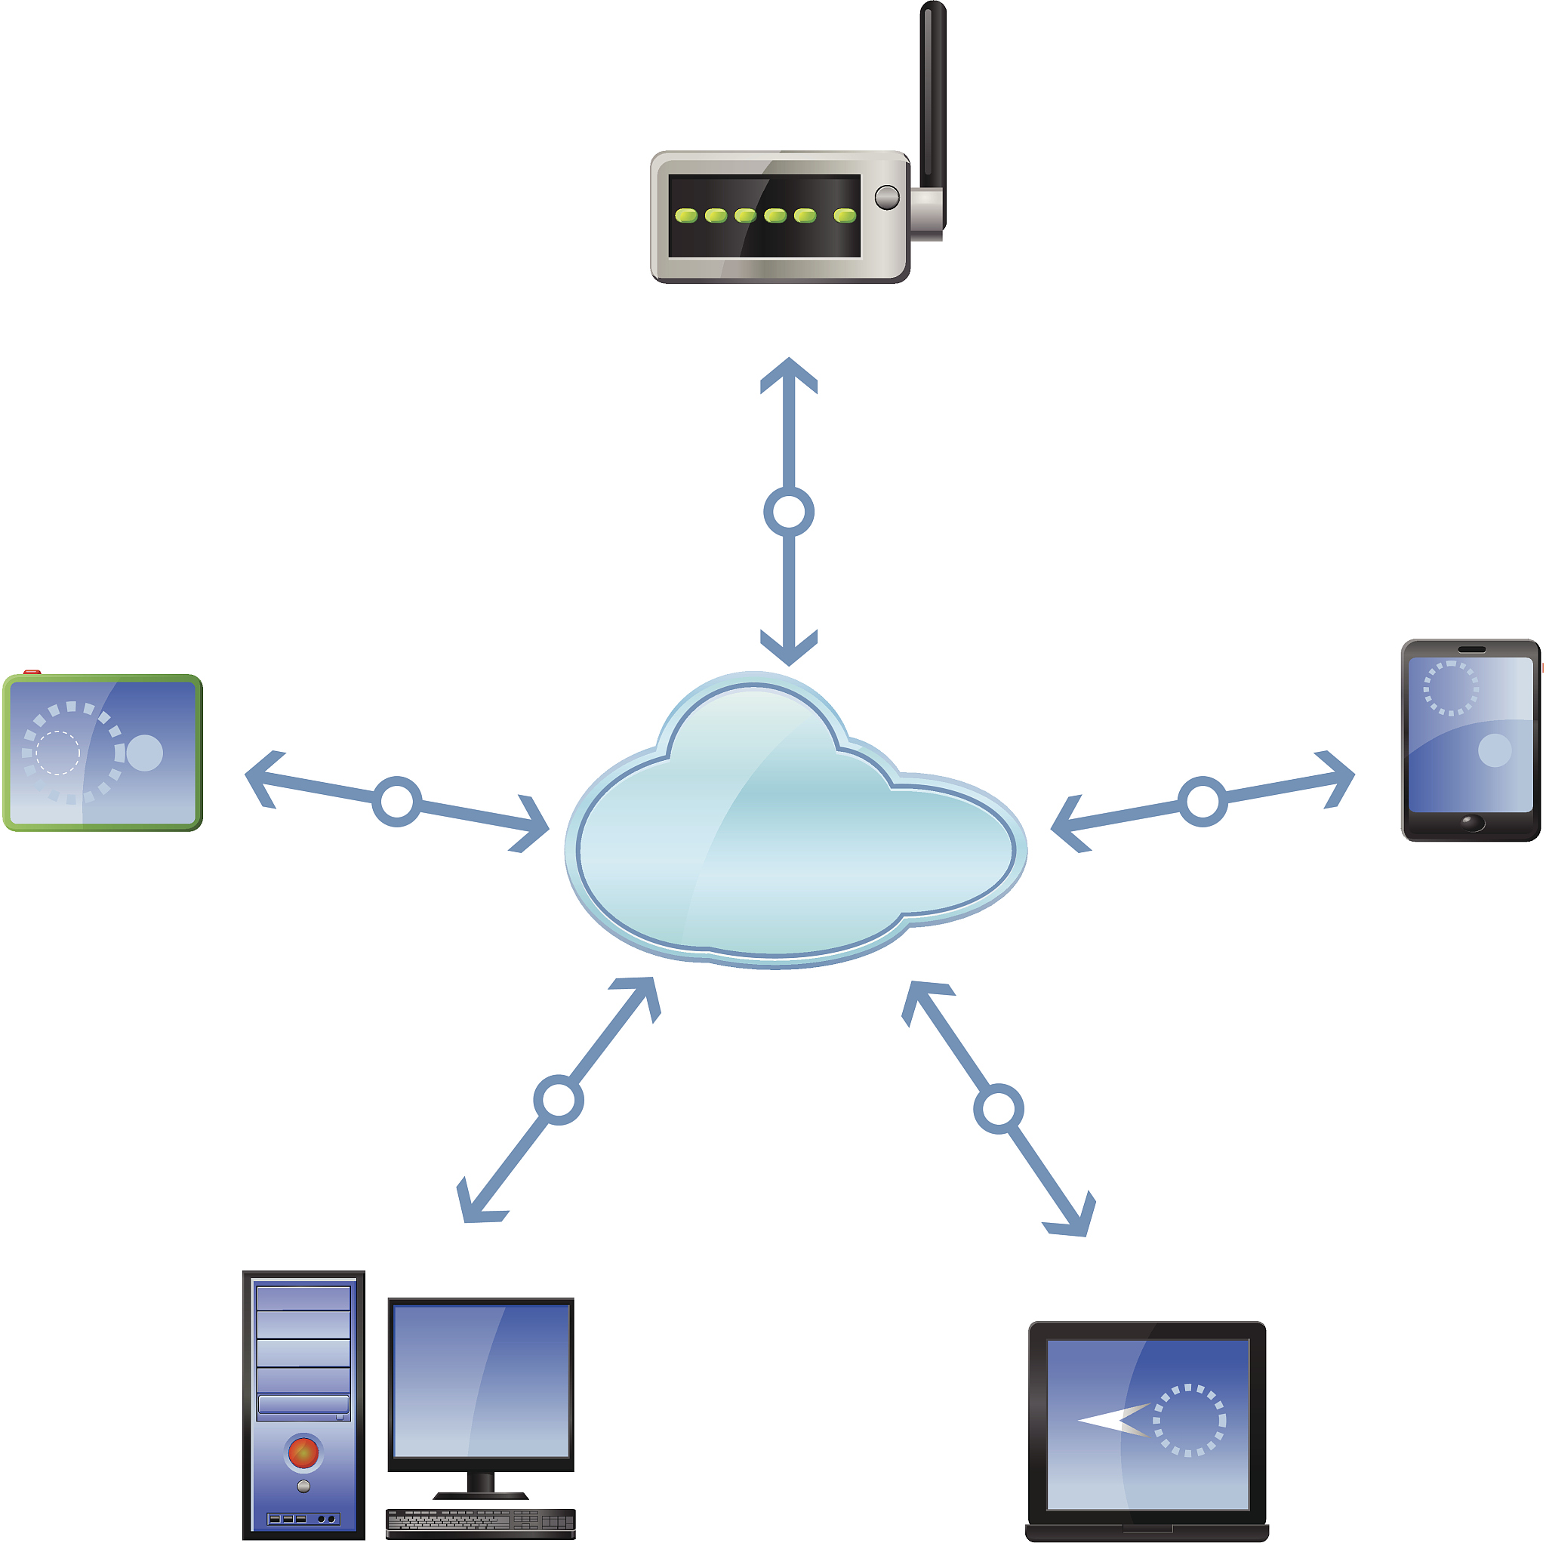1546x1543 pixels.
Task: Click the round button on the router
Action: [887, 197]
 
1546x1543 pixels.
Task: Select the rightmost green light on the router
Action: [845, 214]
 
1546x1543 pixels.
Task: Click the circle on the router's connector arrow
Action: [788, 513]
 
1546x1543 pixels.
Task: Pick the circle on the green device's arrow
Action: [397, 801]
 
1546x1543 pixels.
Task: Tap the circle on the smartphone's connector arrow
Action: [1202, 801]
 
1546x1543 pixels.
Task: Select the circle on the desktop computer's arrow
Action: [558, 1099]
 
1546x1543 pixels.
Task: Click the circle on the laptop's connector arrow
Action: [998, 1108]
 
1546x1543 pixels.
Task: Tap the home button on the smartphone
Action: [1471, 822]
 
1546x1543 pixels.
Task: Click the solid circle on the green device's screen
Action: [145, 753]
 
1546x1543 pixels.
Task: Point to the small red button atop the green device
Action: [32, 673]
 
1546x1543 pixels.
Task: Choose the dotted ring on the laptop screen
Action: [1189, 1420]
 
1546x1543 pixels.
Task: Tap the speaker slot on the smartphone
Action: [1471, 649]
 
